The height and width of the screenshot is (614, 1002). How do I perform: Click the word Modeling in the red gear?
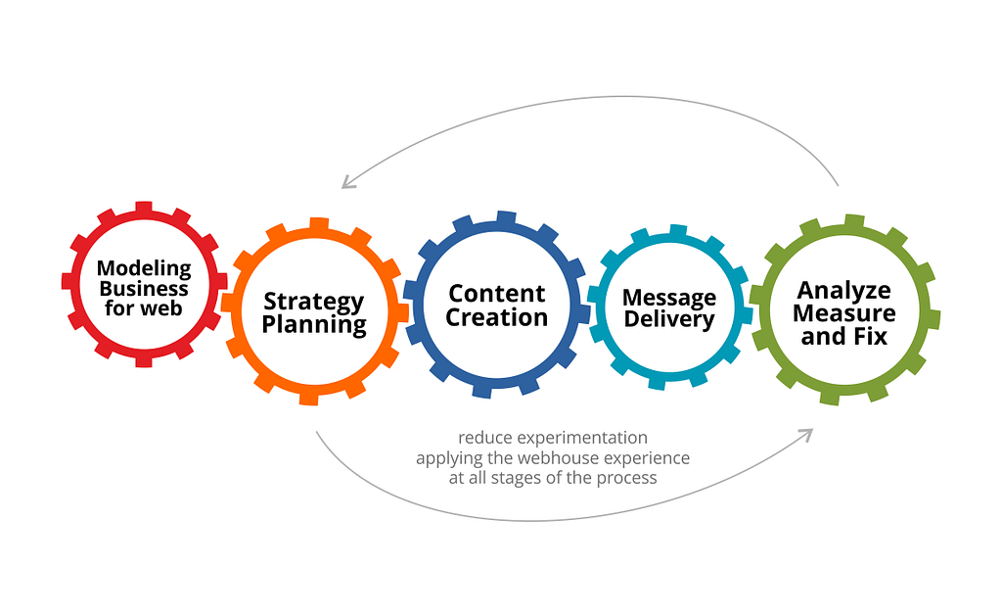click(144, 268)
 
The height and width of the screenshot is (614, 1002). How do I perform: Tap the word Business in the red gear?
click(144, 289)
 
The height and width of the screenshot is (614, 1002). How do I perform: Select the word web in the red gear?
click(161, 308)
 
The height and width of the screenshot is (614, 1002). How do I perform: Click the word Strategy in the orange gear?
click(314, 302)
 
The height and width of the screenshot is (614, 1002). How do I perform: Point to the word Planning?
click(314, 325)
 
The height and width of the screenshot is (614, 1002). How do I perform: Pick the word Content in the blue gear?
click(496, 294)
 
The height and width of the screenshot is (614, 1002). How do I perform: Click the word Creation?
click(496, 317)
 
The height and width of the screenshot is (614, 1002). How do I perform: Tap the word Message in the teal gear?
click(669, 298)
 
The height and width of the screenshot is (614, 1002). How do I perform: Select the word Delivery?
click(669, 319)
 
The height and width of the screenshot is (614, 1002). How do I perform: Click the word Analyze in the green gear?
click(843, 291)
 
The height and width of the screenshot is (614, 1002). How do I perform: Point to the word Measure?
click(844, 313)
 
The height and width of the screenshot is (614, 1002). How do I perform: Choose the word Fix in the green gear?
click(871, 337)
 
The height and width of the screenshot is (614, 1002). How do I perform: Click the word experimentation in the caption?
click(582, 438)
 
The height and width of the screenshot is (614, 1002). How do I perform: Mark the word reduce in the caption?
click(485, 438)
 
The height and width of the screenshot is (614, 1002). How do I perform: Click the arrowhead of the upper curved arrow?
click(347, 183)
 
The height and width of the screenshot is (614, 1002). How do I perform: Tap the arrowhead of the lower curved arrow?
click(806, 435)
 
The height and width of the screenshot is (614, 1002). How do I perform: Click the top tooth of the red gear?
click(144, 208)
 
